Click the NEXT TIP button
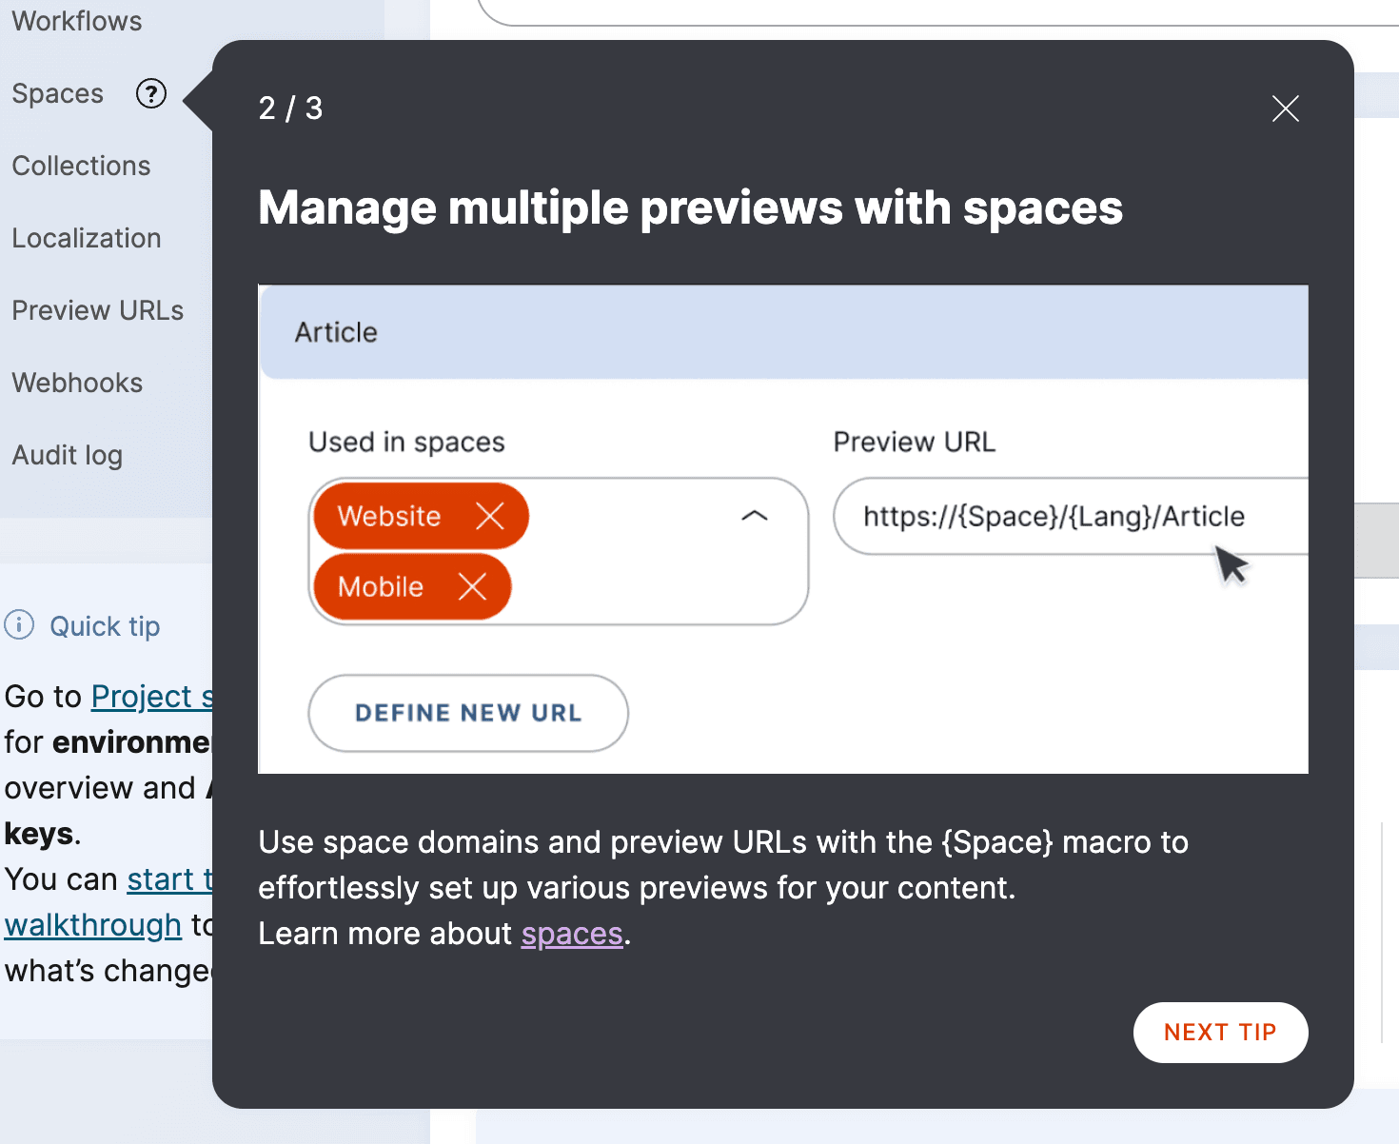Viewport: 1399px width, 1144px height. (x=1220, y=1033)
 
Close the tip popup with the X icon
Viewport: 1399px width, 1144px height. (x=1285, y=108)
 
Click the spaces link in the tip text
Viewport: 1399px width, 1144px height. (x=572, y=935)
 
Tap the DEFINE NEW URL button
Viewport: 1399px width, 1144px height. (x=468, y=713)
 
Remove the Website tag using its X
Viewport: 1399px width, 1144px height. (x=490, y=516)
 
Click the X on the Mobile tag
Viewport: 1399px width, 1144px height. (x=472, y=586)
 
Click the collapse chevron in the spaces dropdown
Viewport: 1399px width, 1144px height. (x=754, y=516)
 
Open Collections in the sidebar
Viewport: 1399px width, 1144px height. (x=81, y=166)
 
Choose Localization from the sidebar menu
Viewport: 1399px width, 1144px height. (x=87, y=238)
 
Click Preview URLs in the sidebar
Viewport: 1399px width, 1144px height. (x=97, y=310)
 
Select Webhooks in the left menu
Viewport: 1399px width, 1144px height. (x=77, y=383)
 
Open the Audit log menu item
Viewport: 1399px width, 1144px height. (x=68, y=455)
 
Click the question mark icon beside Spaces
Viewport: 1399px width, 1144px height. (x=151, y=93)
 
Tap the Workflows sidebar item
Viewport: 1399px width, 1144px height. (x=77, y=21)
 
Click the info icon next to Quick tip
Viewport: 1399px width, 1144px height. (x=19, y=625)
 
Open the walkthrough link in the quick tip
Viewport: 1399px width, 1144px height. (x=92, y=925)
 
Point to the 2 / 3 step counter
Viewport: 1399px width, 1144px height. (x=290, y=108)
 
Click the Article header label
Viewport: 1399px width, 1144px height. (x=336, y=332)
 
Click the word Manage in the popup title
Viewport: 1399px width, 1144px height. (x=348, y=208)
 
